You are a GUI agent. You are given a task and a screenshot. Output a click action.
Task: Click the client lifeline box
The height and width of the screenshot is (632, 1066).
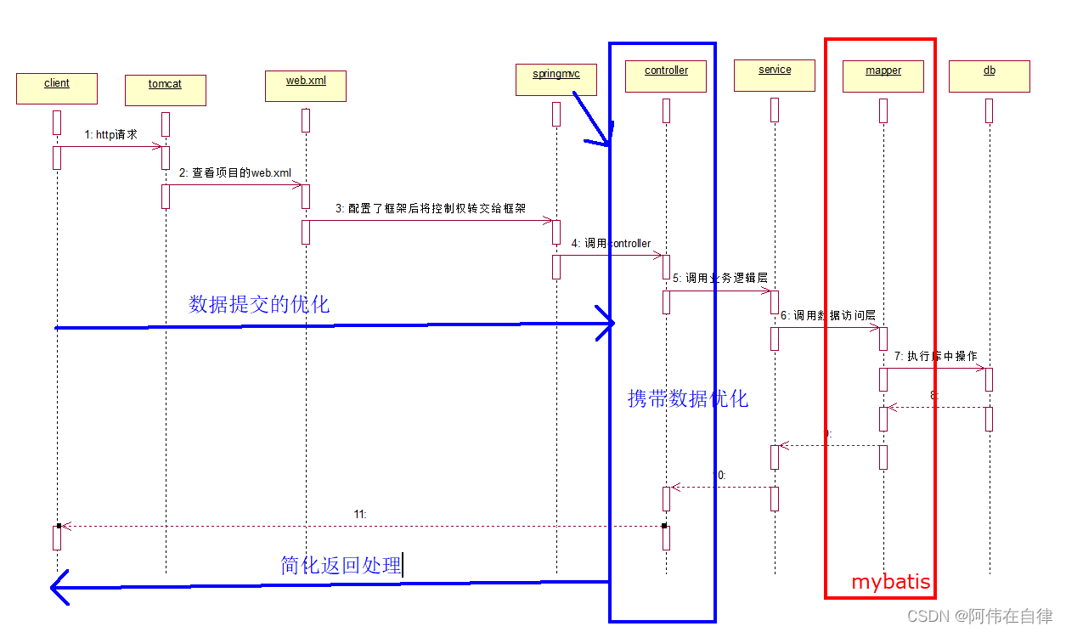coord(56,88)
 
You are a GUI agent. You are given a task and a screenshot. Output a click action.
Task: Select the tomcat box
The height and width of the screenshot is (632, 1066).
coord(165,90)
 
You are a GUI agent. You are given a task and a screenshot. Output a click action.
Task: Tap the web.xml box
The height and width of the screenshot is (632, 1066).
coord(305,86)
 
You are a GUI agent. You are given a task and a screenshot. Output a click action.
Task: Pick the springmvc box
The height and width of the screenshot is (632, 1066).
coord(556,79)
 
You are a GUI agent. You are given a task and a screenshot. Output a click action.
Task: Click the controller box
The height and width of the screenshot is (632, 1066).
coord(666,76)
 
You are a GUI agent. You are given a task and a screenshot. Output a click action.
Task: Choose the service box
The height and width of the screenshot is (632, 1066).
coord(775,75)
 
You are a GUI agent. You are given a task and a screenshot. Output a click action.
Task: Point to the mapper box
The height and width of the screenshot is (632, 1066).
coord(883,76)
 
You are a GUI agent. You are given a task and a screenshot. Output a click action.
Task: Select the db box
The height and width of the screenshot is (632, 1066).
coord(989,76)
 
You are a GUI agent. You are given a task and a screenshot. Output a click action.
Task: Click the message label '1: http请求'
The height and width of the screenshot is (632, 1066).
coord(110,134)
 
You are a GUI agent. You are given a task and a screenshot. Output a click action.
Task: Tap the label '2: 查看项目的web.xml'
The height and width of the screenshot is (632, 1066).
coord(234,172)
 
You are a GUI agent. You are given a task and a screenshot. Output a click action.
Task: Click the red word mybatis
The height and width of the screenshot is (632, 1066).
coord(890,582)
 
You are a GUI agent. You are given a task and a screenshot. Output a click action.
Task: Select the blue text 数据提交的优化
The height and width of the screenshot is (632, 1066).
coord(259,304)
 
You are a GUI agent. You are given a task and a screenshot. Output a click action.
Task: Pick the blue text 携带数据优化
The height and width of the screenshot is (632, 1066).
coord(688,398)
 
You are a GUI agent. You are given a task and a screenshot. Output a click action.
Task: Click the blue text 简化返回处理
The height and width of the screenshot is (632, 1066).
coord(341,565)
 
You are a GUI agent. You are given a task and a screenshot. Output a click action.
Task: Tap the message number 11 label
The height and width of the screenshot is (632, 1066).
coord(359,514)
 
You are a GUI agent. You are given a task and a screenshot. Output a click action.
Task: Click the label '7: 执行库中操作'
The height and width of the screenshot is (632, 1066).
coord(935,356)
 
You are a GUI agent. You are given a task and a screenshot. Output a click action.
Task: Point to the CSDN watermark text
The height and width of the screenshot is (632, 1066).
coord(979,616)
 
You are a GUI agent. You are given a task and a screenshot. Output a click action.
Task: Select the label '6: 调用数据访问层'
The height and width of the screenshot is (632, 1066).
coord(827,315)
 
